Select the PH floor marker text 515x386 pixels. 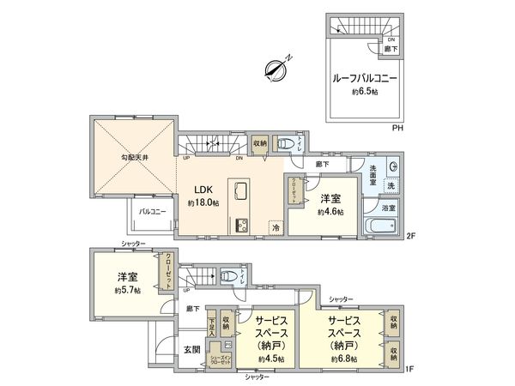click(397, 129)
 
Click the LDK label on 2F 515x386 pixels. click(202, 190)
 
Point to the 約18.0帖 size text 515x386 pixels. click(203, 203)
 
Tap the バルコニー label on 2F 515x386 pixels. click(152, 208)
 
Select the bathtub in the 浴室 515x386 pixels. click(379, 226)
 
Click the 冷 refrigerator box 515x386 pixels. click(276, 227)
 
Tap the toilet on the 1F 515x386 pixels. click(229, 276)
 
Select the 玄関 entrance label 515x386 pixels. click(192, 349)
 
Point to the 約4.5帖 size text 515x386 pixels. click(272, 359)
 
